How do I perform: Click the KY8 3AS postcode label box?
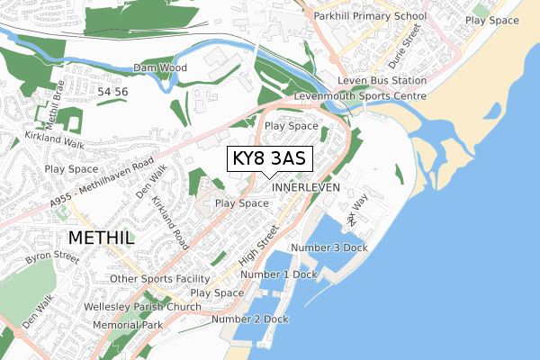[268, 158]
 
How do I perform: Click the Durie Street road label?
[413, 40]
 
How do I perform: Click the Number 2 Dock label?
[250, 319]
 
